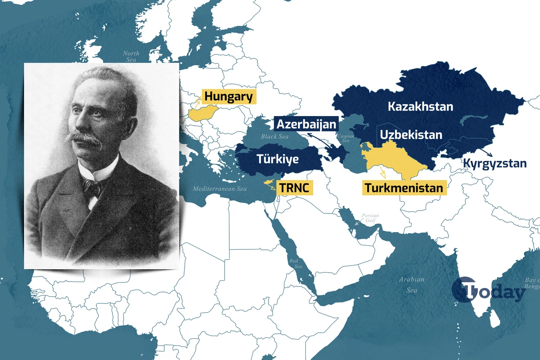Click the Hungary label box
pyautogui.click(x=228, y=97)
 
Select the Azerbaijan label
pyautogui.click(x=307, y=124)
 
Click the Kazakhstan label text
pyautogui.click(x=421, y=106)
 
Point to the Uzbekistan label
pyautogui.click(x=411, y=135)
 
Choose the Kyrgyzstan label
pyautogui.click(x=495, y=163)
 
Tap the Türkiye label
pyautogui.click(x=278, y=159)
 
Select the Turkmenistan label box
pyautogui.click(x=404, y=188)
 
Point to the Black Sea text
pyautogui.click(x=274, y=137)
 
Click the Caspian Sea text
pyautogui.click(x=345, y=138)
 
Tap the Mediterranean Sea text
pyautogui.click(x=220, y=189)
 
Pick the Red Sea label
pyautogui.click(x=296, y=264)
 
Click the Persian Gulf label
pyautogui.click(x=370, y=218)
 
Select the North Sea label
pyautogui.click(x=131, y=57)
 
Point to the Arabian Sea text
pyautogui.click(x=412, y=285)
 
